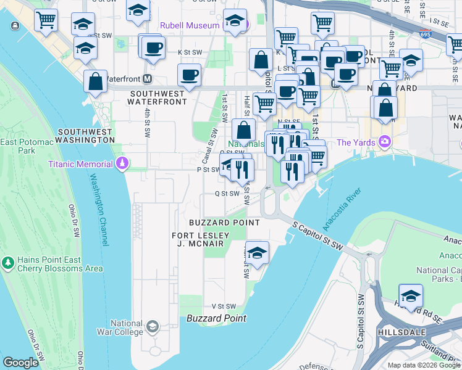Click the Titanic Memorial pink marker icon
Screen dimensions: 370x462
pos(122,163)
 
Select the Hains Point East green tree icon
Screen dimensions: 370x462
pos(8,263)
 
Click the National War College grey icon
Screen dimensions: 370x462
pos(152,326)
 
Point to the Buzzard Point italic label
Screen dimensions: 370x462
pos(216,318)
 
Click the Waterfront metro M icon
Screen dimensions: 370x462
pos(147,79)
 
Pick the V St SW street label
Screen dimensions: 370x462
pos(224,306)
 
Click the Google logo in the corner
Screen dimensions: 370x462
pos(20,363)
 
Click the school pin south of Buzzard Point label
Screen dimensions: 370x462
pos(257,252)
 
